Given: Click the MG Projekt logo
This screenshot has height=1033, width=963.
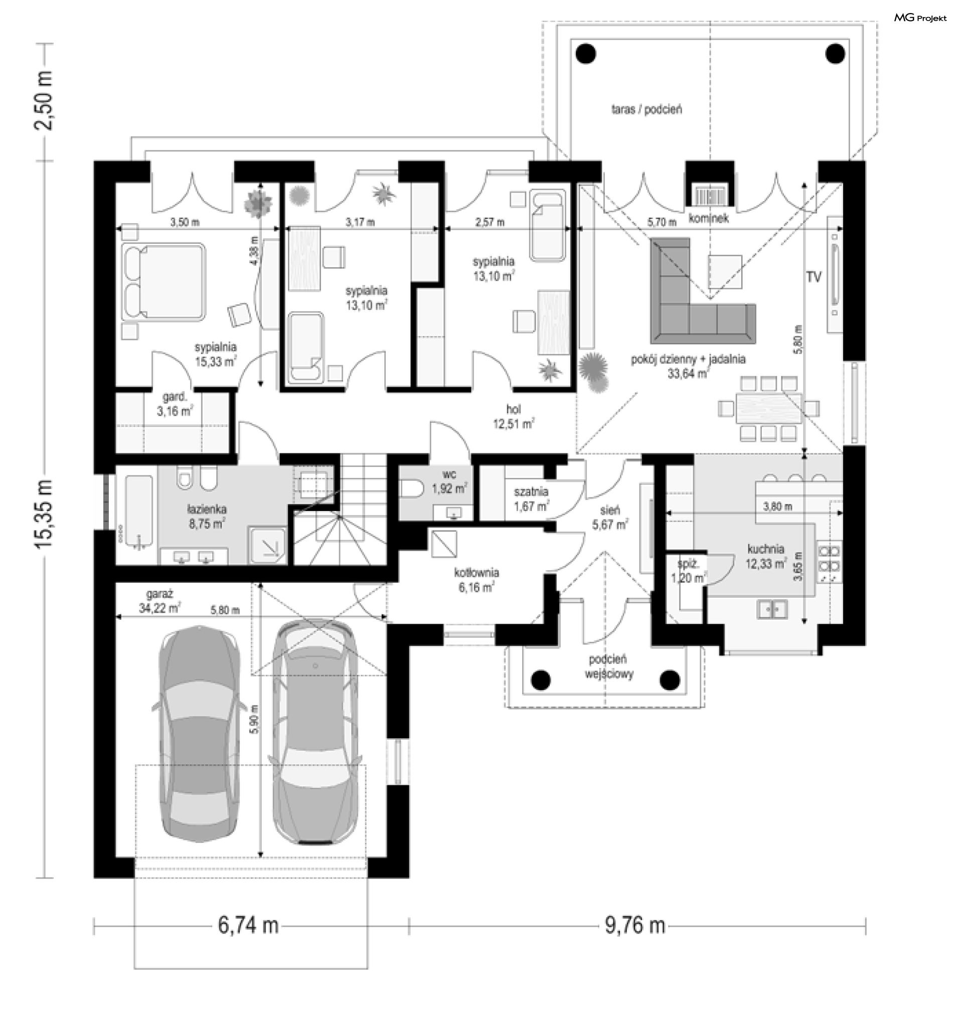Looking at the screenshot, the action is pos(920,18).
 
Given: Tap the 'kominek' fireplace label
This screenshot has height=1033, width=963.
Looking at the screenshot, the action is pos(708,218).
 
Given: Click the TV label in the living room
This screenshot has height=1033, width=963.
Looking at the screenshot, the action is pos(814,277).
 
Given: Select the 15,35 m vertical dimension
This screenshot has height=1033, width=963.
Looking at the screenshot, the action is pos(44,514).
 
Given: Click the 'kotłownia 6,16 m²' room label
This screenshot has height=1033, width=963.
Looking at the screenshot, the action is pos(476,580).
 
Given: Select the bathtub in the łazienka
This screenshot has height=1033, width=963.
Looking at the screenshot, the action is pos(139,511).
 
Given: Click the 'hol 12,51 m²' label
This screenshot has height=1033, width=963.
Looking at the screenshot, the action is pos(514,417).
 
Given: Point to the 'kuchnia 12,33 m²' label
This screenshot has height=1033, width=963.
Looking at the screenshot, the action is pos(765,556).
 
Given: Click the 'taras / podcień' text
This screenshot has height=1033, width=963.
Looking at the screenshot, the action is pos(646,110).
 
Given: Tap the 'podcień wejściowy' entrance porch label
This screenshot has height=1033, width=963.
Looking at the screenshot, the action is pos(608,666).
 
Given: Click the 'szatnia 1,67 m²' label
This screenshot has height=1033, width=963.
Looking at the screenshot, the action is pos(531,499).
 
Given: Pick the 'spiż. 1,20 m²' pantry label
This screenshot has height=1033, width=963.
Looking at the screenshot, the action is pos(689,571).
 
